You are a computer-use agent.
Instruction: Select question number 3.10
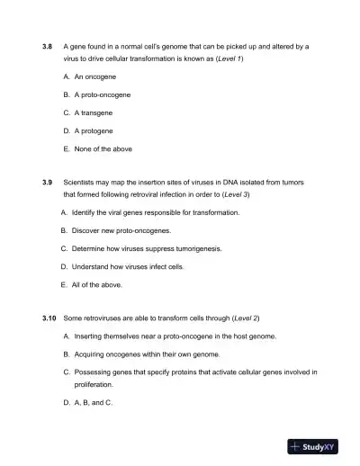tap(49, 318)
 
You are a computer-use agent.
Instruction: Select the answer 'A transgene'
tap(95, 112)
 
